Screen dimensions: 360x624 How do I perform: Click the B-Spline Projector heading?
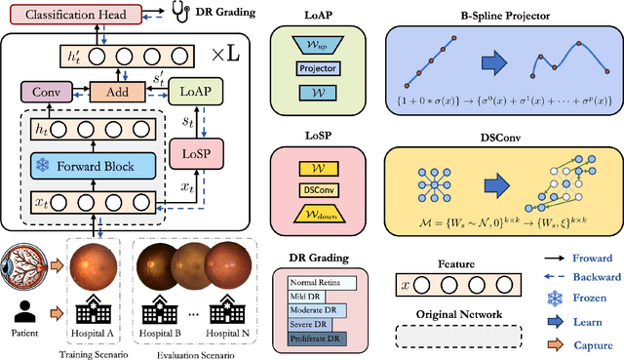500,15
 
